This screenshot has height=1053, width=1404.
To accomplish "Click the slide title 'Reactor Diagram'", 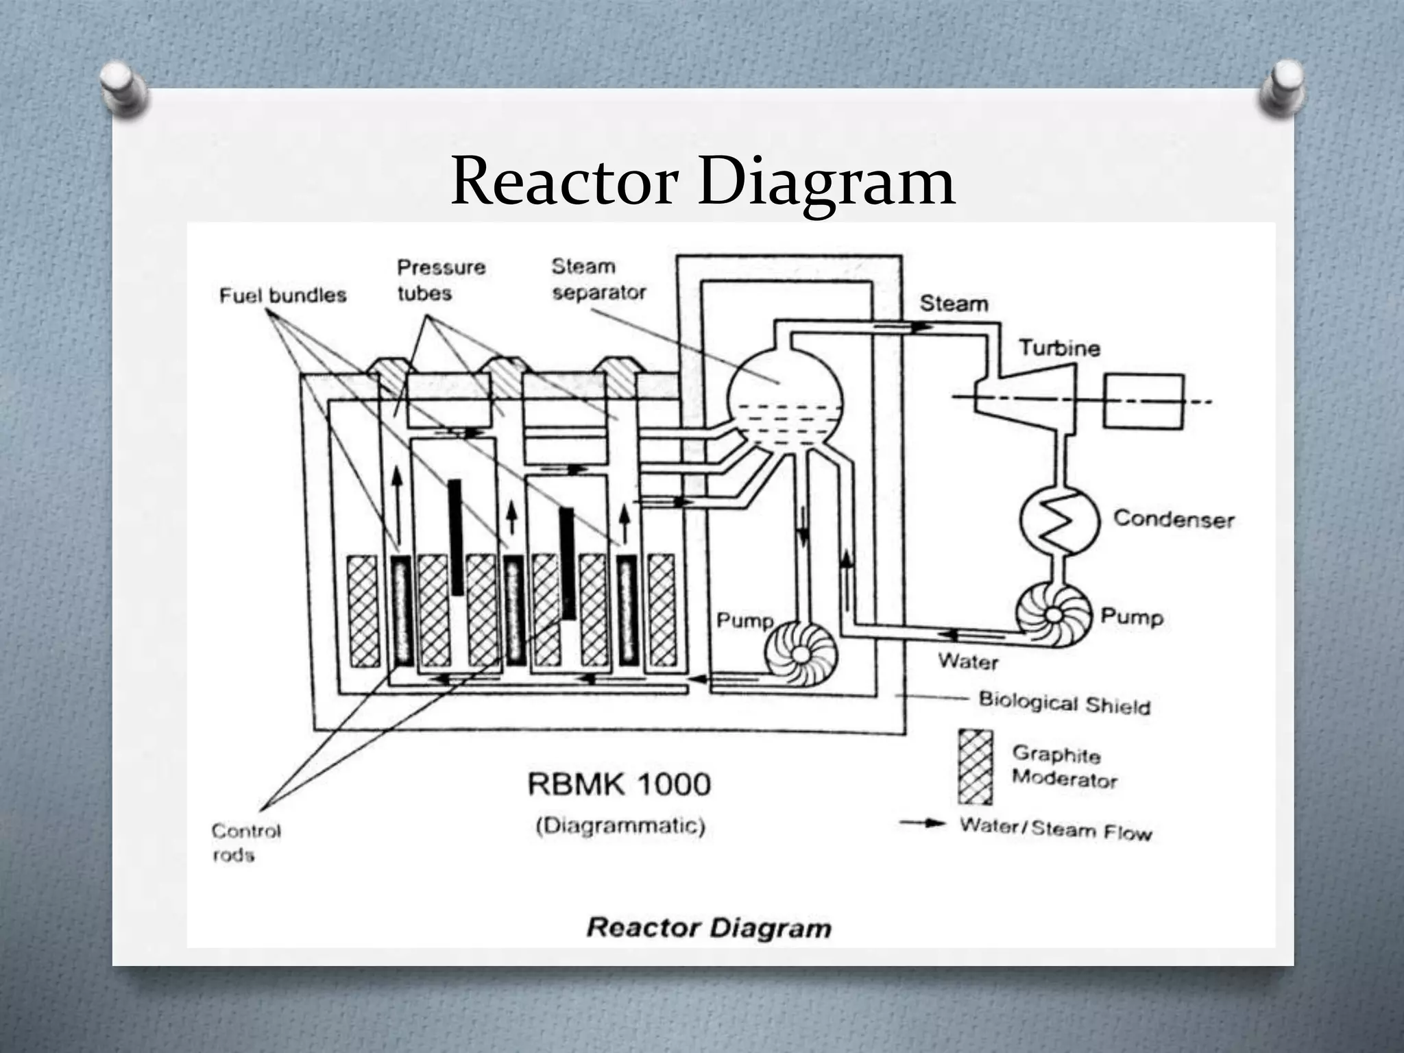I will click(x=703, y=182).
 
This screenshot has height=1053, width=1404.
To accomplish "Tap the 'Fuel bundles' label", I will click(x=282, y=295).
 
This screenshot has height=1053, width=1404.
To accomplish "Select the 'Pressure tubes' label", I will click(x=441, y=280).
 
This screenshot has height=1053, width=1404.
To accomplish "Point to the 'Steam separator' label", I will click(x=598, y=279).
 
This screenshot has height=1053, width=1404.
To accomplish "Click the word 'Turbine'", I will click(x=1058, y=348).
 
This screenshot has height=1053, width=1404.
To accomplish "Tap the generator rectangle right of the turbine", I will click(x=1143, y=401).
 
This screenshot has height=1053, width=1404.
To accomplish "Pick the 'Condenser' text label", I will click(x=1173, y=519).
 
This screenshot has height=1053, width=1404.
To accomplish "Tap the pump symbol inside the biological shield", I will click(x=799, y=653).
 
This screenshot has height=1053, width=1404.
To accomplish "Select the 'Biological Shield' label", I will click(x=1064, y=703).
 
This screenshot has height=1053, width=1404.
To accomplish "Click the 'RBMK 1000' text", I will click(x=619, y=784).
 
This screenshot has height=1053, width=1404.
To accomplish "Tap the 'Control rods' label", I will click(x=245, y=843).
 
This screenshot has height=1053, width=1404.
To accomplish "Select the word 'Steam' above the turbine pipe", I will click(x=954, y=304).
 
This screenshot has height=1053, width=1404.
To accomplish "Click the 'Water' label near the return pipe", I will click(x=967, y=662).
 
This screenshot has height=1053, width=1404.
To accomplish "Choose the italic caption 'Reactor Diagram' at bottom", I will click(x=709, y=928).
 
